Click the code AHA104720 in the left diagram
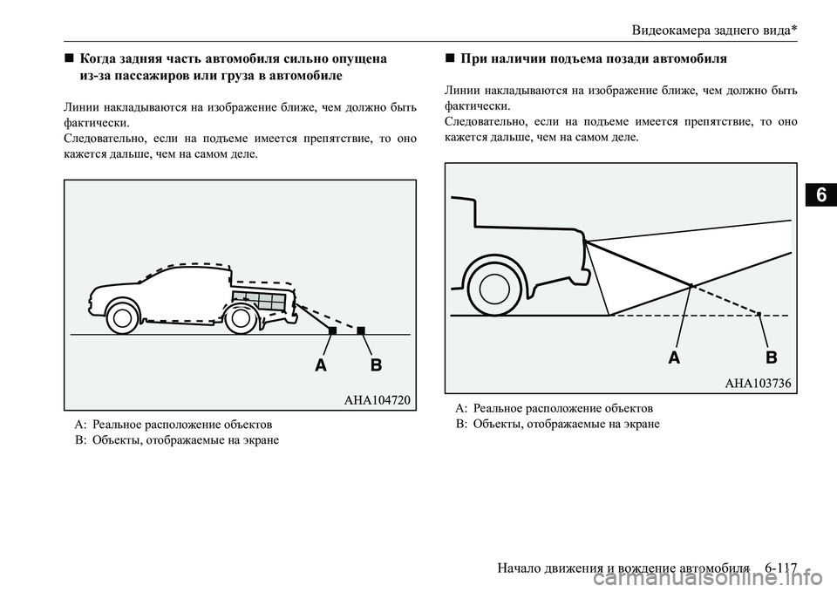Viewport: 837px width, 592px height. [376, 399]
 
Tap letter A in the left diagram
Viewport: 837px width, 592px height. [322, 366]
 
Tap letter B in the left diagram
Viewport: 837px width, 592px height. [376, 366]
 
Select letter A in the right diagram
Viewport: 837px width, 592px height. [674, 357]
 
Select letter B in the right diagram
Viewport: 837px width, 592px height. [771, 357]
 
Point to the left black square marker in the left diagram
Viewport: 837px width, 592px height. [332, 330]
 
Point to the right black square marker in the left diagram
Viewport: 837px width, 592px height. [360, 330]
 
